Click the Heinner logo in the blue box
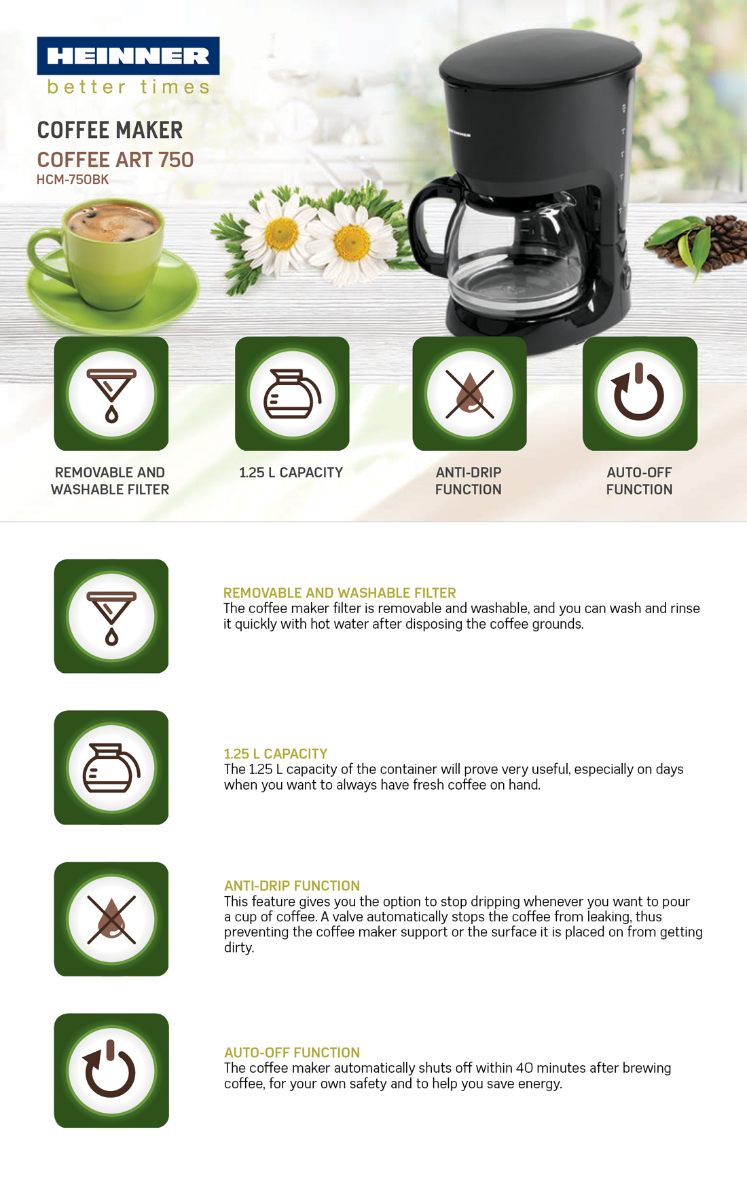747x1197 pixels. click(x=128, y=56)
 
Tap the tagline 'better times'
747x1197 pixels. click(x=128, y=87)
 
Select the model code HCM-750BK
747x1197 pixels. click(x=73, y=180)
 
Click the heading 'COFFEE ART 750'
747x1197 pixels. click(x=115, y=160)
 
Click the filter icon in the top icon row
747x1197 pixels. click(x=111, y=394)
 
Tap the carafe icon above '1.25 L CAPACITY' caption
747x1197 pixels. click(x=292, y=394)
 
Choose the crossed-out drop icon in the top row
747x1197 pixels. click(x=470, y=394)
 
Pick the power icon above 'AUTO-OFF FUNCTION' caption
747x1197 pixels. click(x=640, y=394)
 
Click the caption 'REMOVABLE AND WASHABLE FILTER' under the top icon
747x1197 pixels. click(x=110, y=481)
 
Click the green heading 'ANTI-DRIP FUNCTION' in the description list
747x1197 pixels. click(x=292, y=885)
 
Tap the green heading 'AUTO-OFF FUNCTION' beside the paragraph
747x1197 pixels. click(x=292, y=1052)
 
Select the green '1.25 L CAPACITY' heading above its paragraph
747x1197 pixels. click(x=276, y=754)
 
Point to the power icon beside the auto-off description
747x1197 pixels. click(x=111, y=1071)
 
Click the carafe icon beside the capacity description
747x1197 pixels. click(x=111, y=768)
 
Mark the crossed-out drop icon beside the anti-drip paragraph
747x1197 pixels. click(x=111, y=919)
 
